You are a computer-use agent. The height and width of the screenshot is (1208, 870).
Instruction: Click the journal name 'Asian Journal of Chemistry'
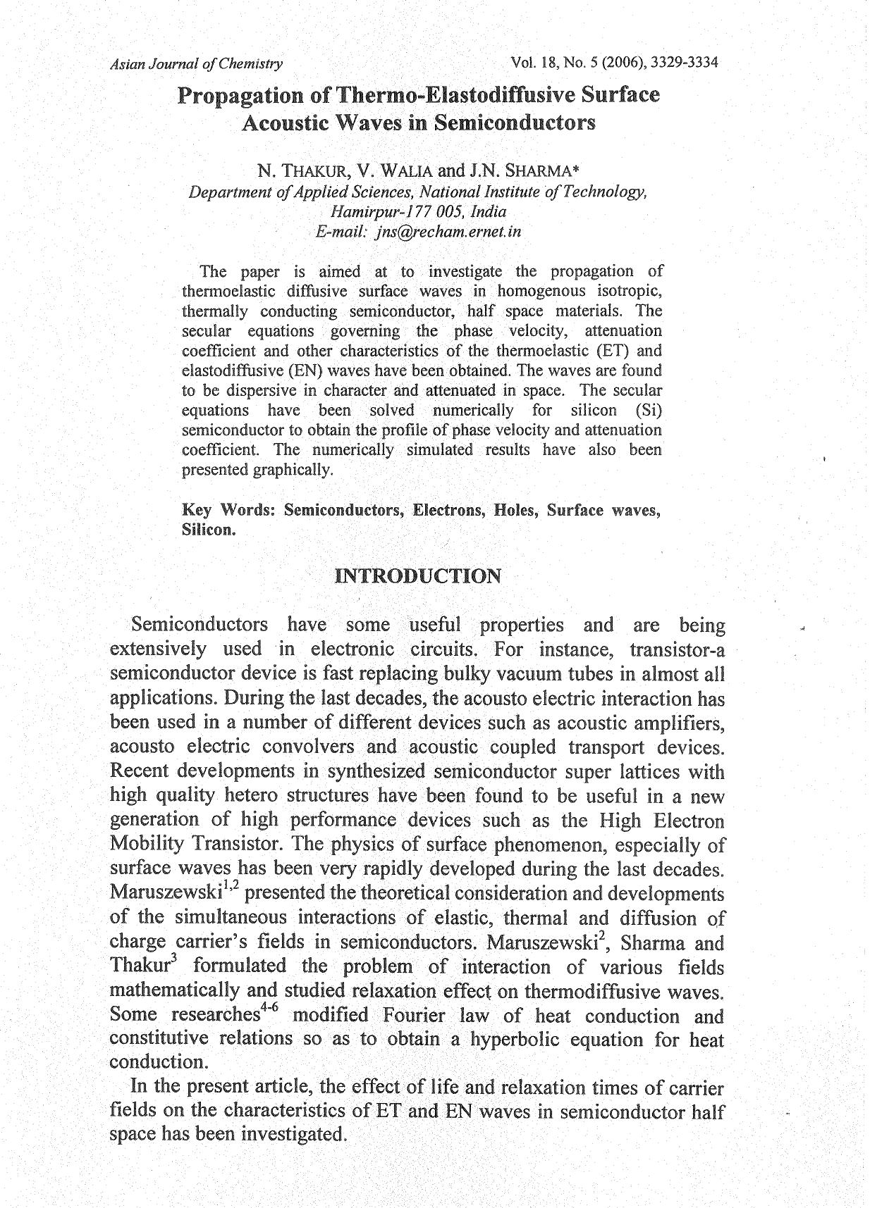(197, 63)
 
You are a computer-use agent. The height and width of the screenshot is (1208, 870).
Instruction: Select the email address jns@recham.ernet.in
(448, 232)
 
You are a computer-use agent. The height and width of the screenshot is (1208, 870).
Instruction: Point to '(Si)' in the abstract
(649, 410)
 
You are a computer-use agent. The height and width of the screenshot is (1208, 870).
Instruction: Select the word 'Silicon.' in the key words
(208, 530)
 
